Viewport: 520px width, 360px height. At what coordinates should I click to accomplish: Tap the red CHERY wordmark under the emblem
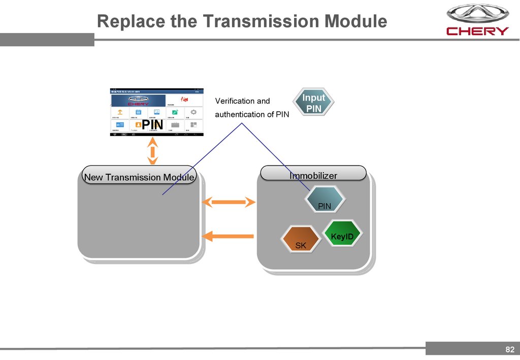click(477, 31)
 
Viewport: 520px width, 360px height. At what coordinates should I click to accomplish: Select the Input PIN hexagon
click(313, 103)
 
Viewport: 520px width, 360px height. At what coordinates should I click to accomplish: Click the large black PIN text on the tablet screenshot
click(152, 124)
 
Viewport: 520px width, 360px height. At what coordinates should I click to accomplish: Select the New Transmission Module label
click(139, 177)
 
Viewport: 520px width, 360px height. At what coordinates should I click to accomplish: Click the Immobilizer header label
click(313, 176)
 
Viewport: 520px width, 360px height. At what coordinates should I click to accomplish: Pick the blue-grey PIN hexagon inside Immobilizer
click(325, 199)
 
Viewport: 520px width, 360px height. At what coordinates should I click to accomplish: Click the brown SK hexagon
click(301, 239)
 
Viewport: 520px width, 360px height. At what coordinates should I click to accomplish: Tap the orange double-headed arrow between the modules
click(229, 203)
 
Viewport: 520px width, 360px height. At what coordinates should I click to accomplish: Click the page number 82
click(510, 349)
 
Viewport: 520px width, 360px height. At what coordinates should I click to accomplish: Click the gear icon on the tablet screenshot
click(193, 112)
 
